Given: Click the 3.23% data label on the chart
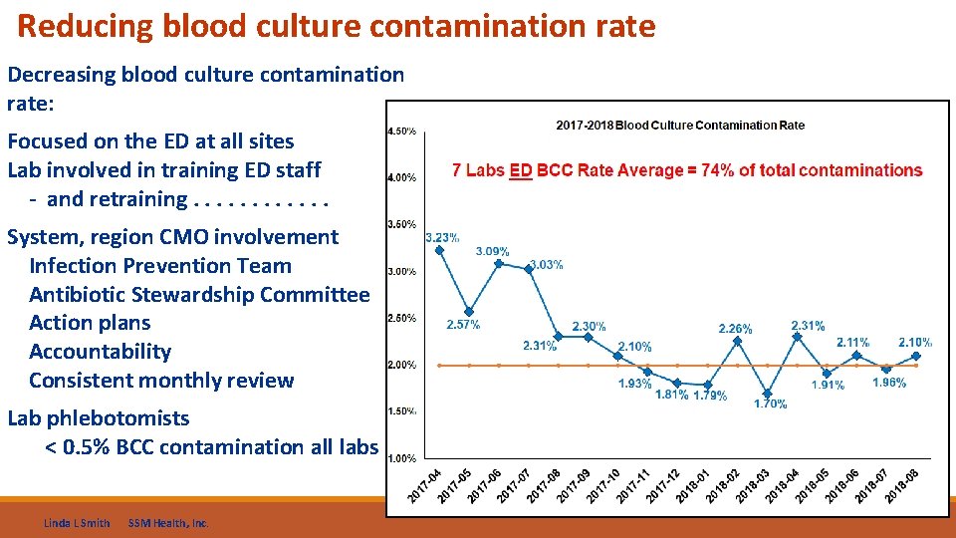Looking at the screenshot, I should point(442,238).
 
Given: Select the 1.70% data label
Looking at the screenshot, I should point(770,403).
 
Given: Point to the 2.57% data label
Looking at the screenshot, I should point(463,325).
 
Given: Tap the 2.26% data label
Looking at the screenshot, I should point(736,329).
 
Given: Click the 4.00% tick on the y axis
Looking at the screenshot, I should point(401,178).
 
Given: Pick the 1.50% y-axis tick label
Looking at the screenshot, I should point(401,411).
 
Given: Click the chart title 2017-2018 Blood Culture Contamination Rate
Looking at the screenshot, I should point(679,126).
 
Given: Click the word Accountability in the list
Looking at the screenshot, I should point(100,352).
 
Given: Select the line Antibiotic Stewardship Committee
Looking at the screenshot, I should point(199,295).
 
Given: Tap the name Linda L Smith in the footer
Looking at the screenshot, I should point(77,523).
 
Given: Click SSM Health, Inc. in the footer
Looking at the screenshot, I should point(168,523).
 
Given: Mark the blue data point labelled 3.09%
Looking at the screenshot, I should point(499,264).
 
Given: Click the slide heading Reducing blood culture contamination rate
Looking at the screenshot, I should point(337,27).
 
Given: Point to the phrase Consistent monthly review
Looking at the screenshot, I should point(161,381).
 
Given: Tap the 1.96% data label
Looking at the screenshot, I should point(889,383).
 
